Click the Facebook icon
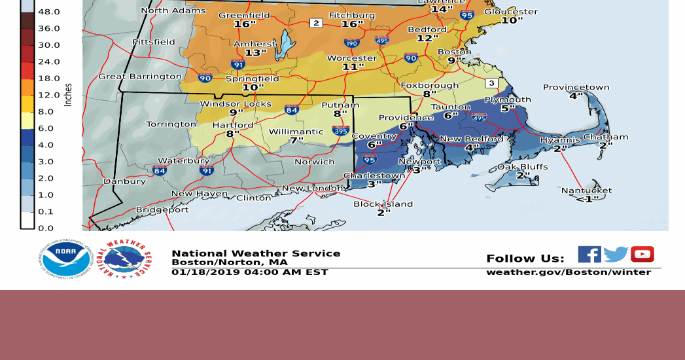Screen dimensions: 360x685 (589, 254)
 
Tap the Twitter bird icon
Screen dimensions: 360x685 (616, 254)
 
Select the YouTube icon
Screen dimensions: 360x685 (642, 254)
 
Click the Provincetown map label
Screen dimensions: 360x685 (576, 87)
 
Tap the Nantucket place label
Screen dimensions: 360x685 (586, 190)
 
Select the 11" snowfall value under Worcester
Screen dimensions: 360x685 (353, 67)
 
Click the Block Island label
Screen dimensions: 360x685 (383, 204)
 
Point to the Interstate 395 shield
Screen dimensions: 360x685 (340, 131)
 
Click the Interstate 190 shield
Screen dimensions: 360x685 (351, 43)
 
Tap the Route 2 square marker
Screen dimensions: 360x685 (316, 23)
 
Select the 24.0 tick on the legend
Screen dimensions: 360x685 (49, 62)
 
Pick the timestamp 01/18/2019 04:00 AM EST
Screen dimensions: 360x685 (250, 272)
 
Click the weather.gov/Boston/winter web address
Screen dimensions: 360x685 (569, 272)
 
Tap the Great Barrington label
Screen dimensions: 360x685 (139, 77)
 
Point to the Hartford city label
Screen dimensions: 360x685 (232, 125)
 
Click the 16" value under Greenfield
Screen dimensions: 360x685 (244, 24)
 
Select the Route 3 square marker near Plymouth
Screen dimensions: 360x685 (491, 83)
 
